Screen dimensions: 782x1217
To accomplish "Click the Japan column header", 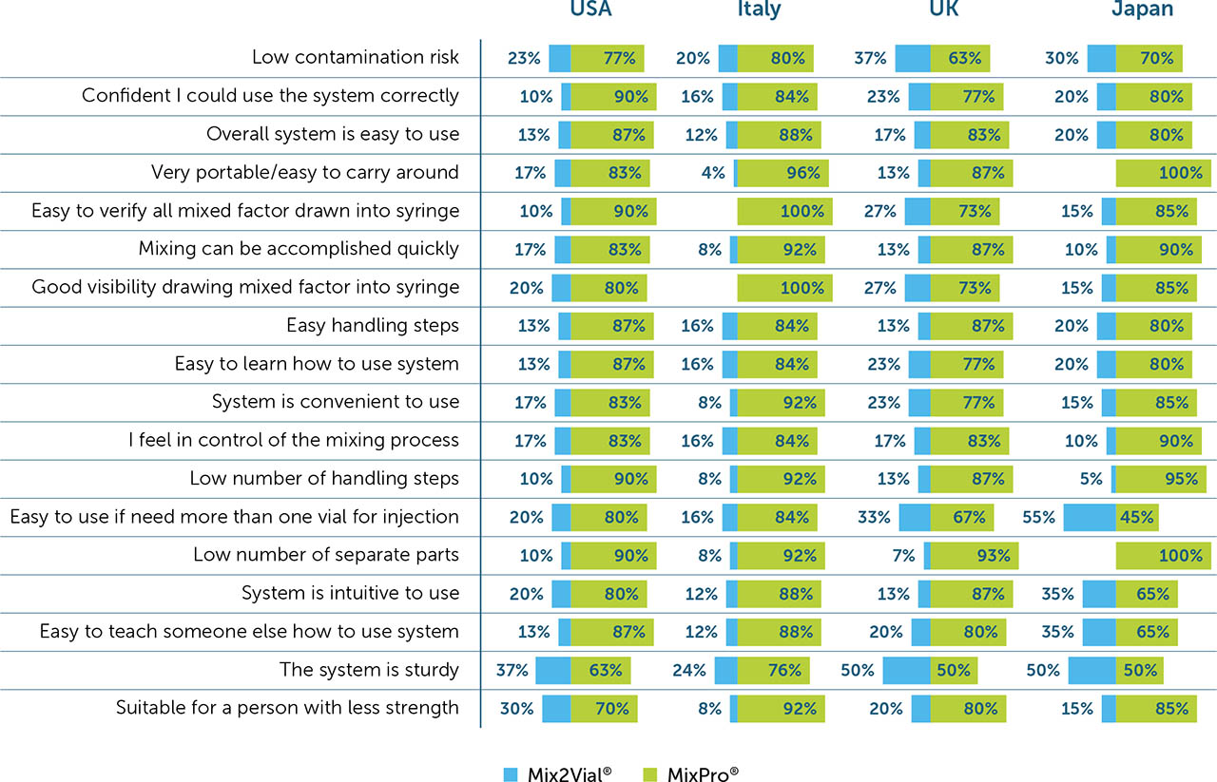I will click(1142, 10).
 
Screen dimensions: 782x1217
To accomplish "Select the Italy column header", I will click(759, 10).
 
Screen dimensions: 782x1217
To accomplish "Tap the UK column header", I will click(944, 10).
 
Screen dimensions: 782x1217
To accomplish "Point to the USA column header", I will click(590, 10).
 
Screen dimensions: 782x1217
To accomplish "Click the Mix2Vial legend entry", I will click(557, 773).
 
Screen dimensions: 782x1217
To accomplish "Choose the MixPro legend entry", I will click(691, 773).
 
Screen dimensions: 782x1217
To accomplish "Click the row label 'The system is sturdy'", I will click(369, 670).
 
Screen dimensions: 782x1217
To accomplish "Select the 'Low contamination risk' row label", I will click(355, 57).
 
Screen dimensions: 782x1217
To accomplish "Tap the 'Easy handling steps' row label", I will click(373, 326).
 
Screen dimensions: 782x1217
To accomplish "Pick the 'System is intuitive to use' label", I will click(350, 594).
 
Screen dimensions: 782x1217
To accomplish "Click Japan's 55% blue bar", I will click(1089, 518).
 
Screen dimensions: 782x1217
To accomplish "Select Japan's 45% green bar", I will click(1137, 518).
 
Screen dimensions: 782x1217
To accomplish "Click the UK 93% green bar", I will click(975, 555).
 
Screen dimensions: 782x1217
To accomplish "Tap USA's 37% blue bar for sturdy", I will click(552, 671).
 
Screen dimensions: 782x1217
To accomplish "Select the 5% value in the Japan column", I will click(1091, 479).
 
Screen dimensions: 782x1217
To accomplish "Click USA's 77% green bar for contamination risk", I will click(608, 58).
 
